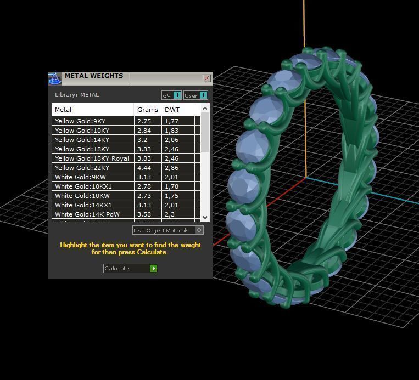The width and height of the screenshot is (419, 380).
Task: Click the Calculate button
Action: click(x=130, y=268)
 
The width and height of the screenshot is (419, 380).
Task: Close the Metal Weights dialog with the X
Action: click(x=206, y=78)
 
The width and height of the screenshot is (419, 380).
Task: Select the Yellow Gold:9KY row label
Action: click(x=80, y=121)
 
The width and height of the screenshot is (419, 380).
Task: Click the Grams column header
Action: click(x=148, y=110)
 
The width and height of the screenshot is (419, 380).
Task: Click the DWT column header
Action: click(x=172, y=110)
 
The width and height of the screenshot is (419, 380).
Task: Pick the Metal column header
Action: click(x=63, y=110)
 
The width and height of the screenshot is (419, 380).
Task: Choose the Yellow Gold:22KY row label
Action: click(x=82, y=168)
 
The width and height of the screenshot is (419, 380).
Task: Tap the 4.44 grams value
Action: click(x=144, y=168)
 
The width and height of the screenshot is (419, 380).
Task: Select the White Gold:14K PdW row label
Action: click(x=87, y=214)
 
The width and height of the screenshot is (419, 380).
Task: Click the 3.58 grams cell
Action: click(x=144, y=214)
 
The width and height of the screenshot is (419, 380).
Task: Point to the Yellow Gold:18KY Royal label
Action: click(x=92, y=158)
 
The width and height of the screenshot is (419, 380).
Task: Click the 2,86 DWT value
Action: click(x=171, y=168)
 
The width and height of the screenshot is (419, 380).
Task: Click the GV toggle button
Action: click(x=171, y=95)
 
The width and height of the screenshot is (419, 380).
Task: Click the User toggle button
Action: click(x=195, y=95)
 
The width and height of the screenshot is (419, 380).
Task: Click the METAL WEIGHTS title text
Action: click(x=93, y=76)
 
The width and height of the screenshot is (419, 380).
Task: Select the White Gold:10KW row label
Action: click(x=82, y=196)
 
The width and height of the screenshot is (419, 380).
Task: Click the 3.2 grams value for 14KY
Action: click(x=143, y=140)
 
